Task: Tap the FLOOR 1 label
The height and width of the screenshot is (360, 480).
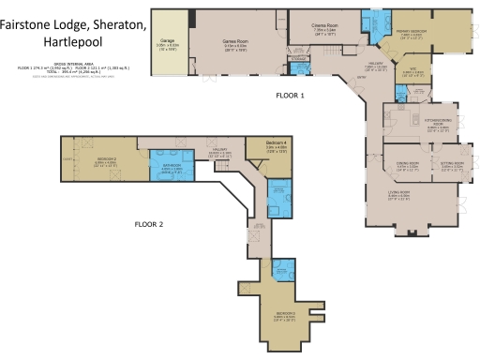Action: pyautogui.click(x=290, y=96)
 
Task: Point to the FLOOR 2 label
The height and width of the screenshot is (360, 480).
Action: pyautogui.click(x=148, y=225)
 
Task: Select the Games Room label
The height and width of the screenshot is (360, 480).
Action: pyautogui.click(x=234, y=42)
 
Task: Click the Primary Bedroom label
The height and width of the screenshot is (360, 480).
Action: pyautogui.click(x=412, y=33)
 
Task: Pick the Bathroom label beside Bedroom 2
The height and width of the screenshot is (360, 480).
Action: pyautogui.click(x=172, y=167)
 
